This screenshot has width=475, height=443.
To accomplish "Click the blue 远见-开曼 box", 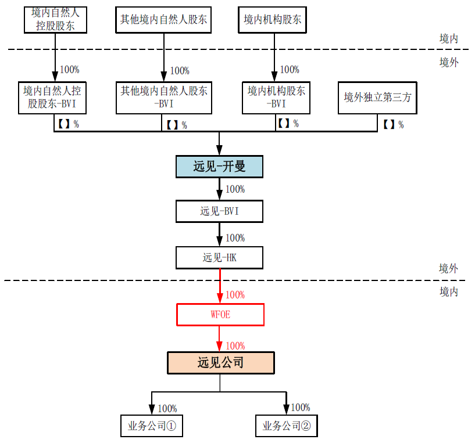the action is tap(219, 167).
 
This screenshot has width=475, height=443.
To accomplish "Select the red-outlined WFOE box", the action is tap(220, 315).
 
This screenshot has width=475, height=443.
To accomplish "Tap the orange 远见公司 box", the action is tap(221, 362).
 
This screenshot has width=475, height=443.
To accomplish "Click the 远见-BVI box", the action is tap(219, 211).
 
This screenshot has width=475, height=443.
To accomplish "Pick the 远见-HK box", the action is tap(219, 258).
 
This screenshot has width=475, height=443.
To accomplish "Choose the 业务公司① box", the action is tap(152, 426).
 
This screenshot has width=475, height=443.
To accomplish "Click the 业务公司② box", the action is tap(286, 426).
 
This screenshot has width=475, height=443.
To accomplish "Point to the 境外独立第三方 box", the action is tap(377, 98).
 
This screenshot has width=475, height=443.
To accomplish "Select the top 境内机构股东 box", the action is tap(272, 20).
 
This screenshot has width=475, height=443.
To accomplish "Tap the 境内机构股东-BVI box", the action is tap(276, 98).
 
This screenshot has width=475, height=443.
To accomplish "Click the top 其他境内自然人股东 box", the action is tap(163, 20).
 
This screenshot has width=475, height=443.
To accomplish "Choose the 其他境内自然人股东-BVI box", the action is tap(163, 98).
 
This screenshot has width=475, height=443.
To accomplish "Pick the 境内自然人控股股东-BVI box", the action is tap(52, 98).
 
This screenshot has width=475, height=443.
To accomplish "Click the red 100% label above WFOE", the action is tap(235, 295).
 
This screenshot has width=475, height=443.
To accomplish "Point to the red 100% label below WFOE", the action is tap(235, 345).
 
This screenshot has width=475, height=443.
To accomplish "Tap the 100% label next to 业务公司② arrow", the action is tap(301, 408).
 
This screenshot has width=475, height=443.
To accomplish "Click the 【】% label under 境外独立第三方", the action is tap(393, 124).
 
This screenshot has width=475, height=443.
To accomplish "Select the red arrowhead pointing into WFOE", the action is tap(220, 298).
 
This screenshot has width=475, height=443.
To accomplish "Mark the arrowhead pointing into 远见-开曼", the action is tap(219, 150).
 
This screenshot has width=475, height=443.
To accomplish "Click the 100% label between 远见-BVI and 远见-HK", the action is tap(235, 238).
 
